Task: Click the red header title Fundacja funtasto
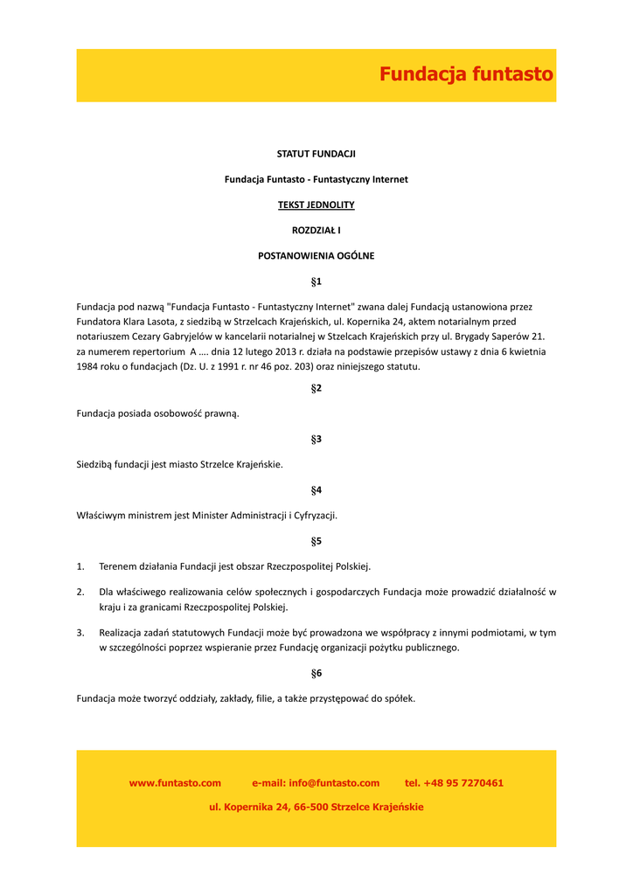point(466,74)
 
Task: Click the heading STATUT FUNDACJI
point(316,154)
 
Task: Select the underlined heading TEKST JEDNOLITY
point(316,205)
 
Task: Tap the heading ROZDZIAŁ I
point(316,231)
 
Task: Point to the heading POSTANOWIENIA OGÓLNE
point(316,256)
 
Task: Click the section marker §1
point(316,281)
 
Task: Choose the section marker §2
point(316,388)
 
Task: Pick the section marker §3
point(316,439)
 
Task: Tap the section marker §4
point(316,490)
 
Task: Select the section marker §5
point(316,541)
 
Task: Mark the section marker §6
point(316,673)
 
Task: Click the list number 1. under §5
point(80,566)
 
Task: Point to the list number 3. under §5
point(80,632)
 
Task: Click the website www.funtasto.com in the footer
point(175,783)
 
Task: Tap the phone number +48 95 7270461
point(463,783)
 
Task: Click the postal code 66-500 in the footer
point(310,808)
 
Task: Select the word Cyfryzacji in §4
point(314,516)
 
